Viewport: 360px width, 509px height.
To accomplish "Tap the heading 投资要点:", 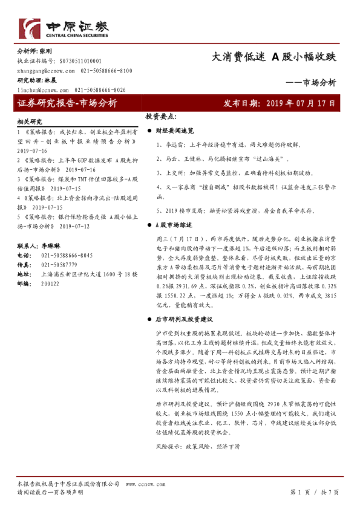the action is tap(160, 116).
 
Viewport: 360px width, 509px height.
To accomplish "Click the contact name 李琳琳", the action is tap(49, 247).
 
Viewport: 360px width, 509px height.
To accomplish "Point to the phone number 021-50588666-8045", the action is tap(68, 256).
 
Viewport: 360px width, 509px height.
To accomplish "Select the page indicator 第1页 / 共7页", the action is tap(315, 492).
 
